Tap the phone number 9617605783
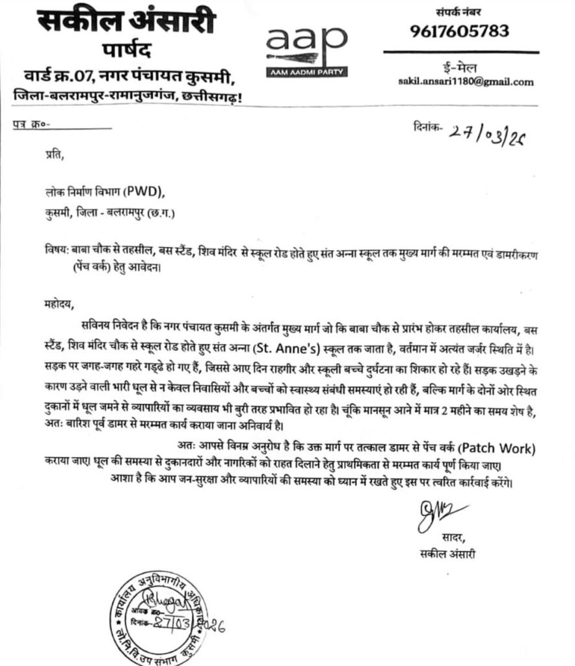tap(459, 31)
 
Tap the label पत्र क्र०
tap(31, 125)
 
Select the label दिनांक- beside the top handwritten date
tap(427, 127)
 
